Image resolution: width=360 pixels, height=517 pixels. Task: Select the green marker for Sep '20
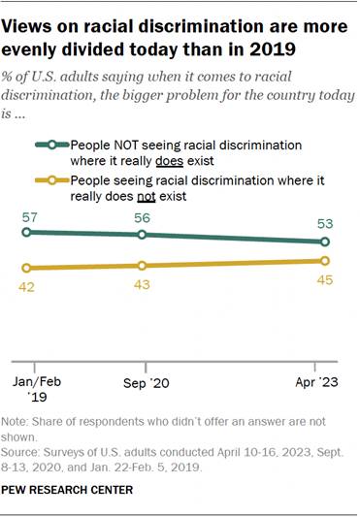[144, 235]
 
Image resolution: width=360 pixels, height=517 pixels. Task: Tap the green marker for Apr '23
[325, 242]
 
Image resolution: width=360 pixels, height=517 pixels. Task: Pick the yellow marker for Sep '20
[144, 265]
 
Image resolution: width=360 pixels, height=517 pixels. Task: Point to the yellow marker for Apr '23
[325, 260]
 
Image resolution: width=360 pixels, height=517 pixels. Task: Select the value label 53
[325, 225]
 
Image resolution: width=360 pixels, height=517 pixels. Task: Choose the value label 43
[144, 283]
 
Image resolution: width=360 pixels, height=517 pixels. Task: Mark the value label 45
[325, 279]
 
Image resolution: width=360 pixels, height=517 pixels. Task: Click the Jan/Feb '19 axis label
[36, 390]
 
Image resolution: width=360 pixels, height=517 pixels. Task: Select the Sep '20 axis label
[144, 383]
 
